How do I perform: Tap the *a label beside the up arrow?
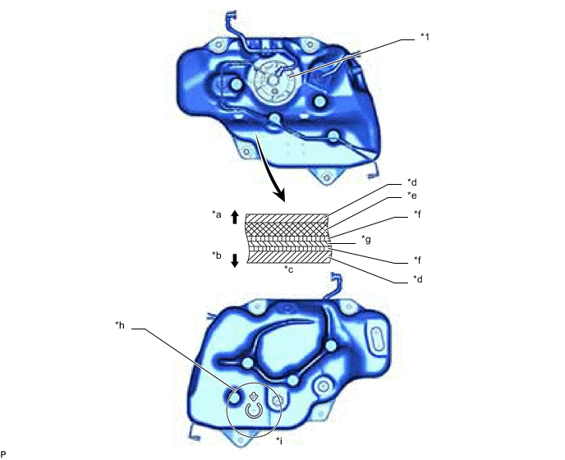click(217, 215)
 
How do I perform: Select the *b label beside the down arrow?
click(217, 255)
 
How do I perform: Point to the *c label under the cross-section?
click(288, 269)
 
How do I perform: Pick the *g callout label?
click(367, 239)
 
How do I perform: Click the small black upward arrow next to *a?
click(235, 217)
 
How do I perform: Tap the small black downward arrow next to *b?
click(235, 260)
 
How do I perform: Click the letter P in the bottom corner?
click(4, 453)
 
